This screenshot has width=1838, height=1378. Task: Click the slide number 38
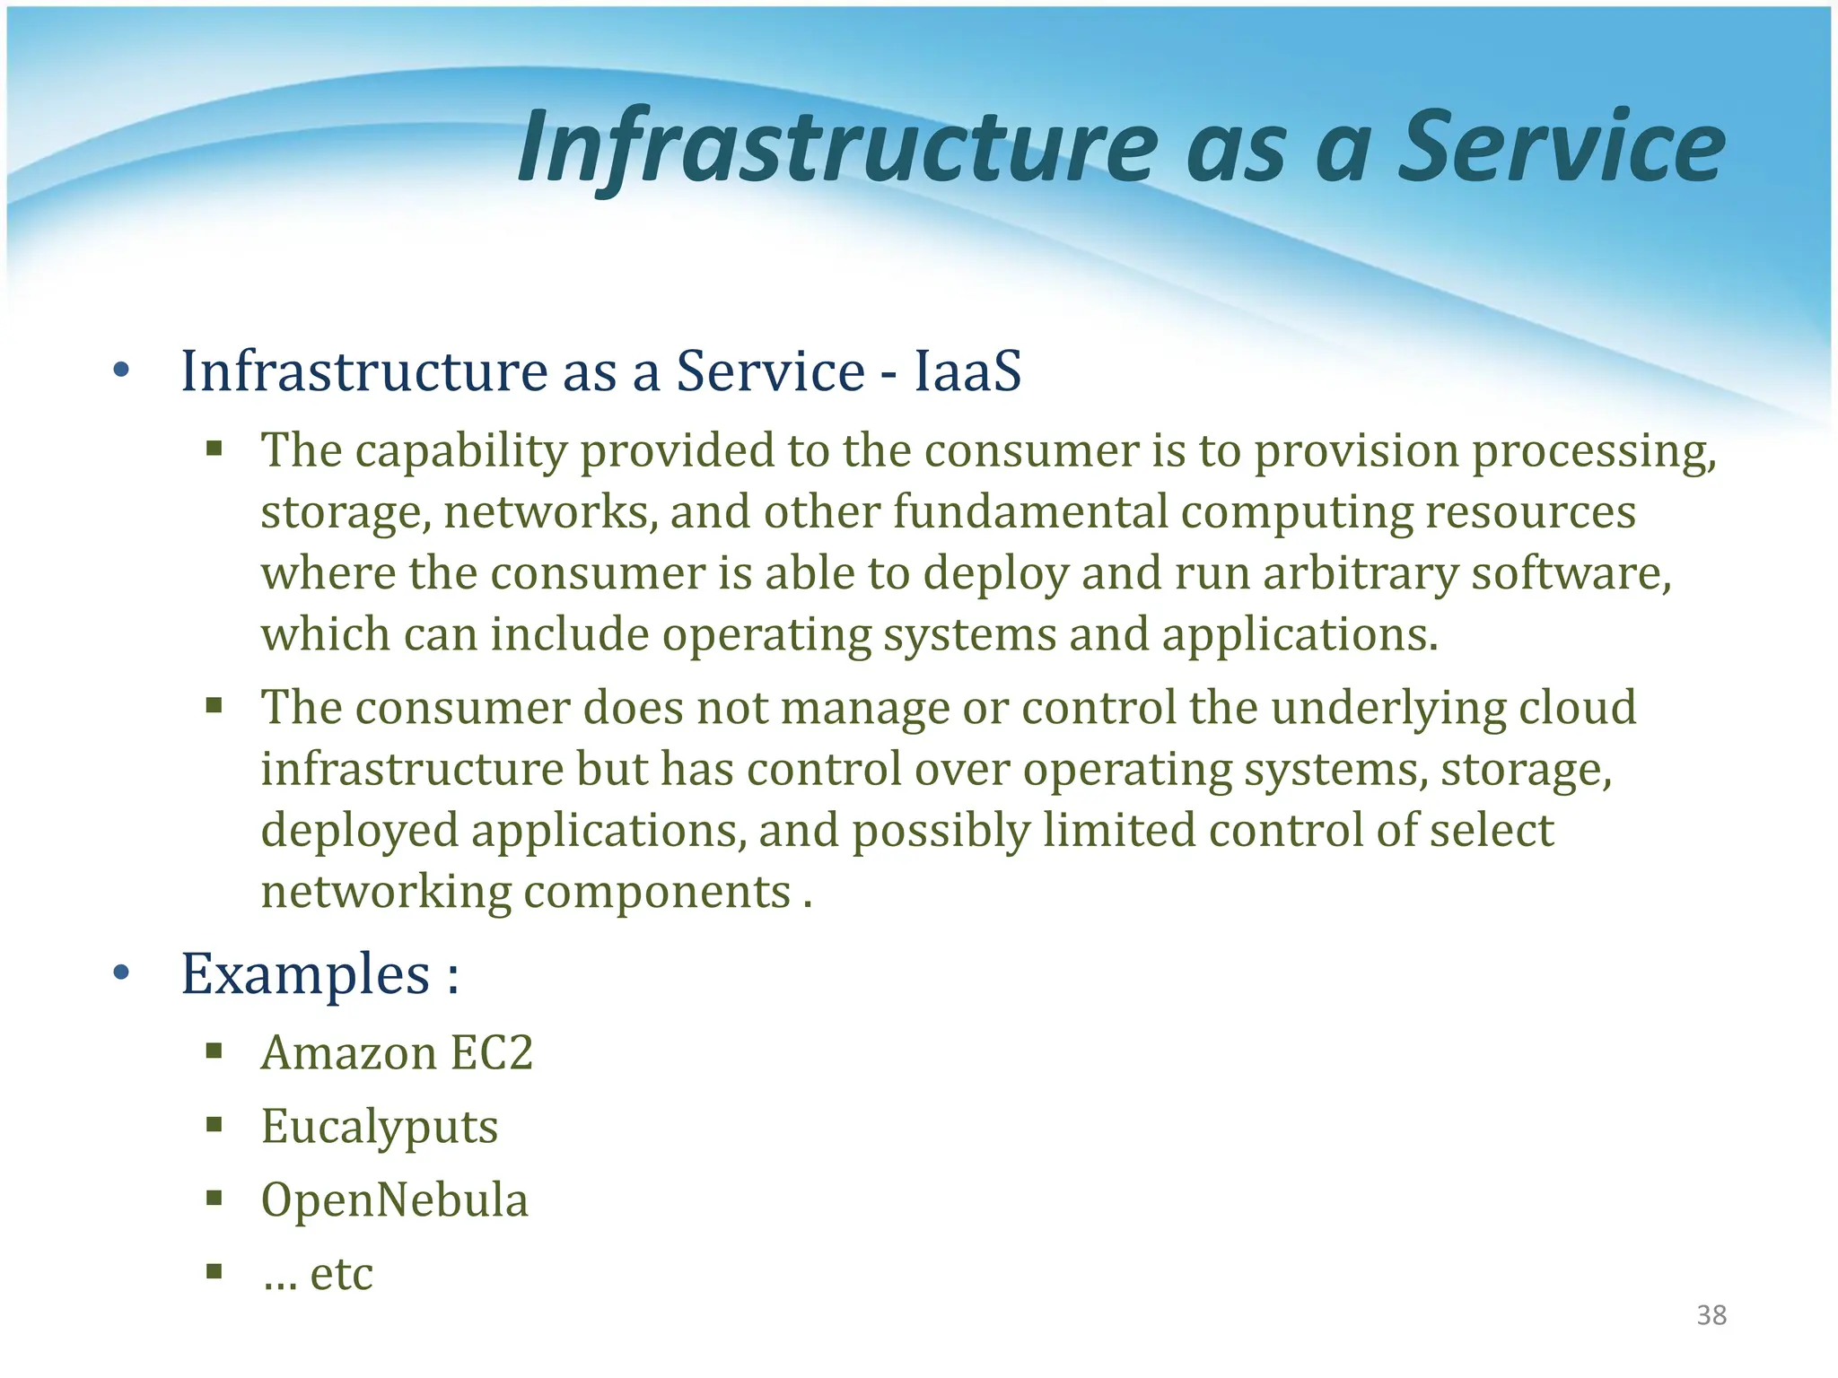[x=1711, y=1315]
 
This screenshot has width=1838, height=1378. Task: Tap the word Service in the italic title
[x=1562, y=147]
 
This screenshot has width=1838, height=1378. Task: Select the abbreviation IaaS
[x=967, y=371]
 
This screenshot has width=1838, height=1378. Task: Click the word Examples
[x=306, y=974]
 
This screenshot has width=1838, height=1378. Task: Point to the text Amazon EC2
[x=397, y=1052]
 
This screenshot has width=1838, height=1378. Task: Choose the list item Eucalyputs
[x=379, y=1127]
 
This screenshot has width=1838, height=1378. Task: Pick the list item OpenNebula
[x=395, y=1200]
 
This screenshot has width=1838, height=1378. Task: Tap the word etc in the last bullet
[x=341, y=1273]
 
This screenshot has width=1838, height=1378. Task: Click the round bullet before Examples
[x=122, y=973]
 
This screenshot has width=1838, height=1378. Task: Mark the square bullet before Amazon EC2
[x=214, y=1051]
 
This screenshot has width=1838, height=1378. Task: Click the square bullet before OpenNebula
[x=214, y=1199]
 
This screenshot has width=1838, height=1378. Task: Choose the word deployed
[x=359, y=831]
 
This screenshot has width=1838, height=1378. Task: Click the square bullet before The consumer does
[x=214, y=706]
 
